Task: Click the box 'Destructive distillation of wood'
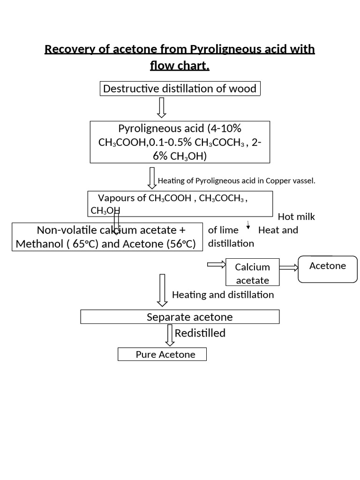click(x=180, y=89)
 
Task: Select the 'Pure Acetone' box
click(x=162, y=354)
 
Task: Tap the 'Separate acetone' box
click(x=180, y=317)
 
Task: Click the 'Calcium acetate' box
click(x=253, y=273)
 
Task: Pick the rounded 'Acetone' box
click(x=328, y=269)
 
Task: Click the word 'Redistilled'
click(x=200, y=333)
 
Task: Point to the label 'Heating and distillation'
click(x=223, y=295)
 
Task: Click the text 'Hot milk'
click(x=296, y=217)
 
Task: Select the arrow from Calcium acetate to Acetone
click(x=289, y=268)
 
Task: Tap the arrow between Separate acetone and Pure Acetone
click(x=170, y=336)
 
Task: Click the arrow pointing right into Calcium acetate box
click(x=216, y=265)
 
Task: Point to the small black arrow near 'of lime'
click(x=248, y=225)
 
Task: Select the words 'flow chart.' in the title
click(x=180, y=66)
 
